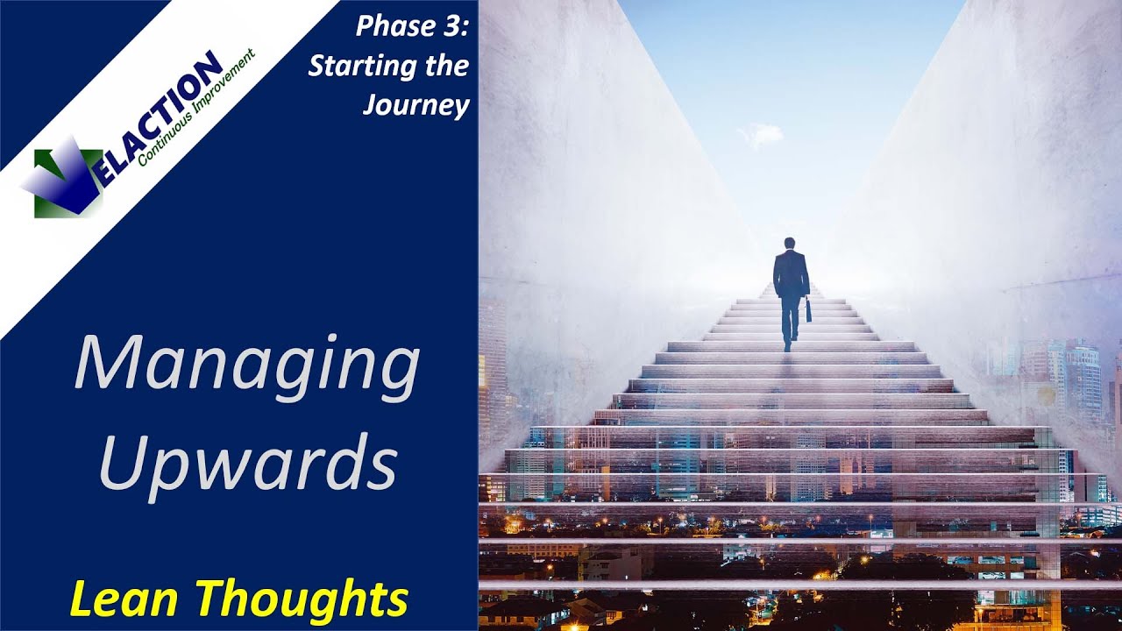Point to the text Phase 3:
point(412,26)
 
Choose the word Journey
point(415,105)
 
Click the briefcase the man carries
point(808,309)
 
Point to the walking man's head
point(789,244)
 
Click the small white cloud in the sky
point(761,134)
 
